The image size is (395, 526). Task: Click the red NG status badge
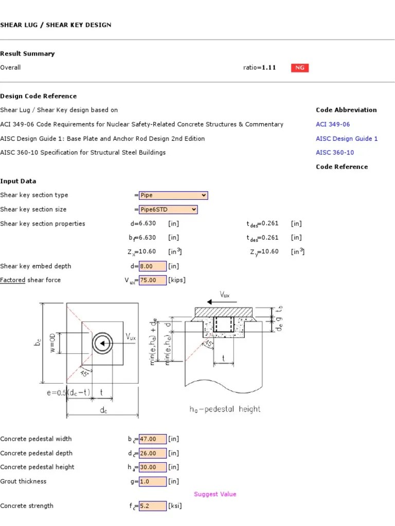pos(299,68)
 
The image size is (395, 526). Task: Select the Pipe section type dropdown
pos(173,195)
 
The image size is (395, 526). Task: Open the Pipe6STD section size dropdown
pos(168,210)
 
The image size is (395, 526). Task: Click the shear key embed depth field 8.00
pos(153,266)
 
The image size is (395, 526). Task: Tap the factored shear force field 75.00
pos(153,280)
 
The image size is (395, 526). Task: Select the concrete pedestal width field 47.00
pos(153,439)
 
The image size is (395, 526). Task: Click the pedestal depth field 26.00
pos(153,453)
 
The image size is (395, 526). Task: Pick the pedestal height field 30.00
pos(153,467)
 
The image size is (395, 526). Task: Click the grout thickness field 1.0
pos(153,481)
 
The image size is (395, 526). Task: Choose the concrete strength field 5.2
pos(153,506)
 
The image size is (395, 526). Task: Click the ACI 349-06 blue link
pos(333,124)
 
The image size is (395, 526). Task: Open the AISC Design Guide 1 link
pos(347,139)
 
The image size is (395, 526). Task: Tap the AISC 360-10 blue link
pos(335,153)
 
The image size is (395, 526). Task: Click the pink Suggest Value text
pos(215,494)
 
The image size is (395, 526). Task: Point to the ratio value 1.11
pos(268,68)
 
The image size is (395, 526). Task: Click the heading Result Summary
pos(27,53)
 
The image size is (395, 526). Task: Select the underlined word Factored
pos(13,280)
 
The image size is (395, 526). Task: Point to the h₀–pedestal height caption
pos(225,409)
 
